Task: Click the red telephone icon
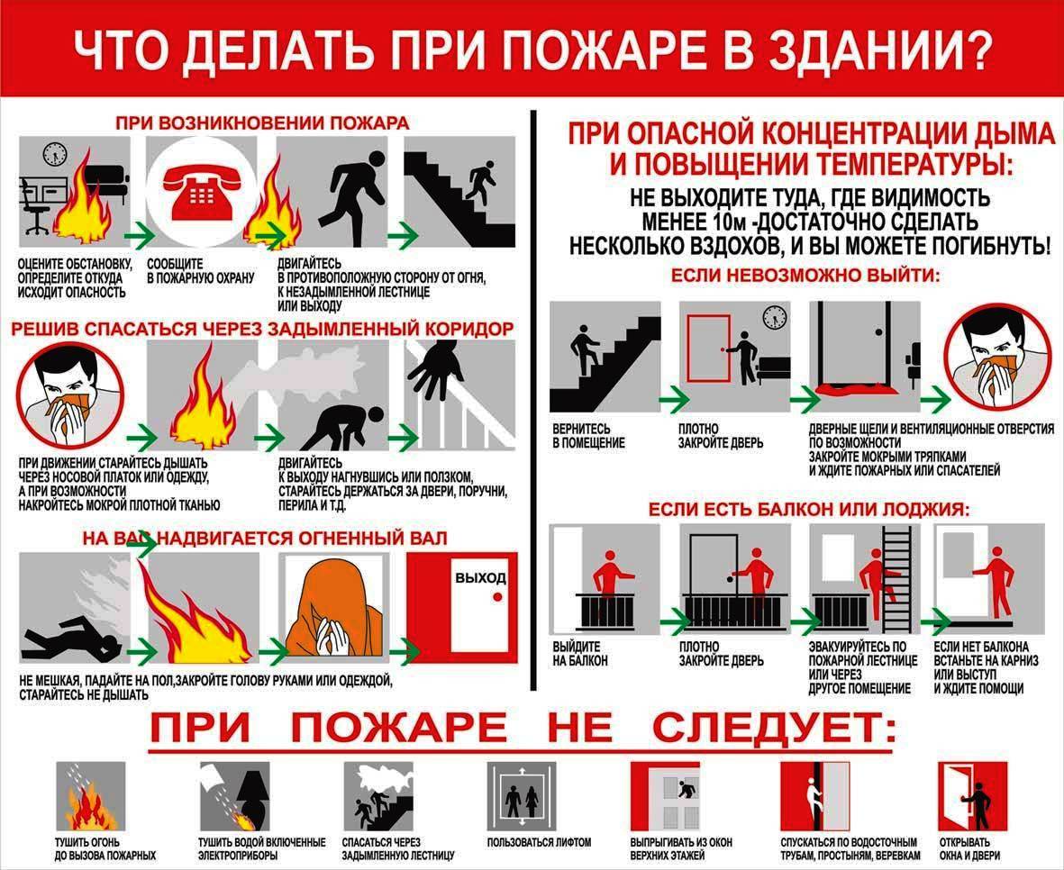point(202,191)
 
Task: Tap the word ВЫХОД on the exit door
point(480,577)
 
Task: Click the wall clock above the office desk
point(55,153)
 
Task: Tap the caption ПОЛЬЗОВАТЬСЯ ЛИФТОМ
point(539,842)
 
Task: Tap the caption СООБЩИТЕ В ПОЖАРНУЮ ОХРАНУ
point(200,270)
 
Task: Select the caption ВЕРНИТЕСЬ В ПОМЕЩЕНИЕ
point(588,436)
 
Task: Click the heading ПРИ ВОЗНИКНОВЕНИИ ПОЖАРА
point(262,122)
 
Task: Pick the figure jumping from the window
point(688,790)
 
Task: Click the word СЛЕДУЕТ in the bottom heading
point(774,728)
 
